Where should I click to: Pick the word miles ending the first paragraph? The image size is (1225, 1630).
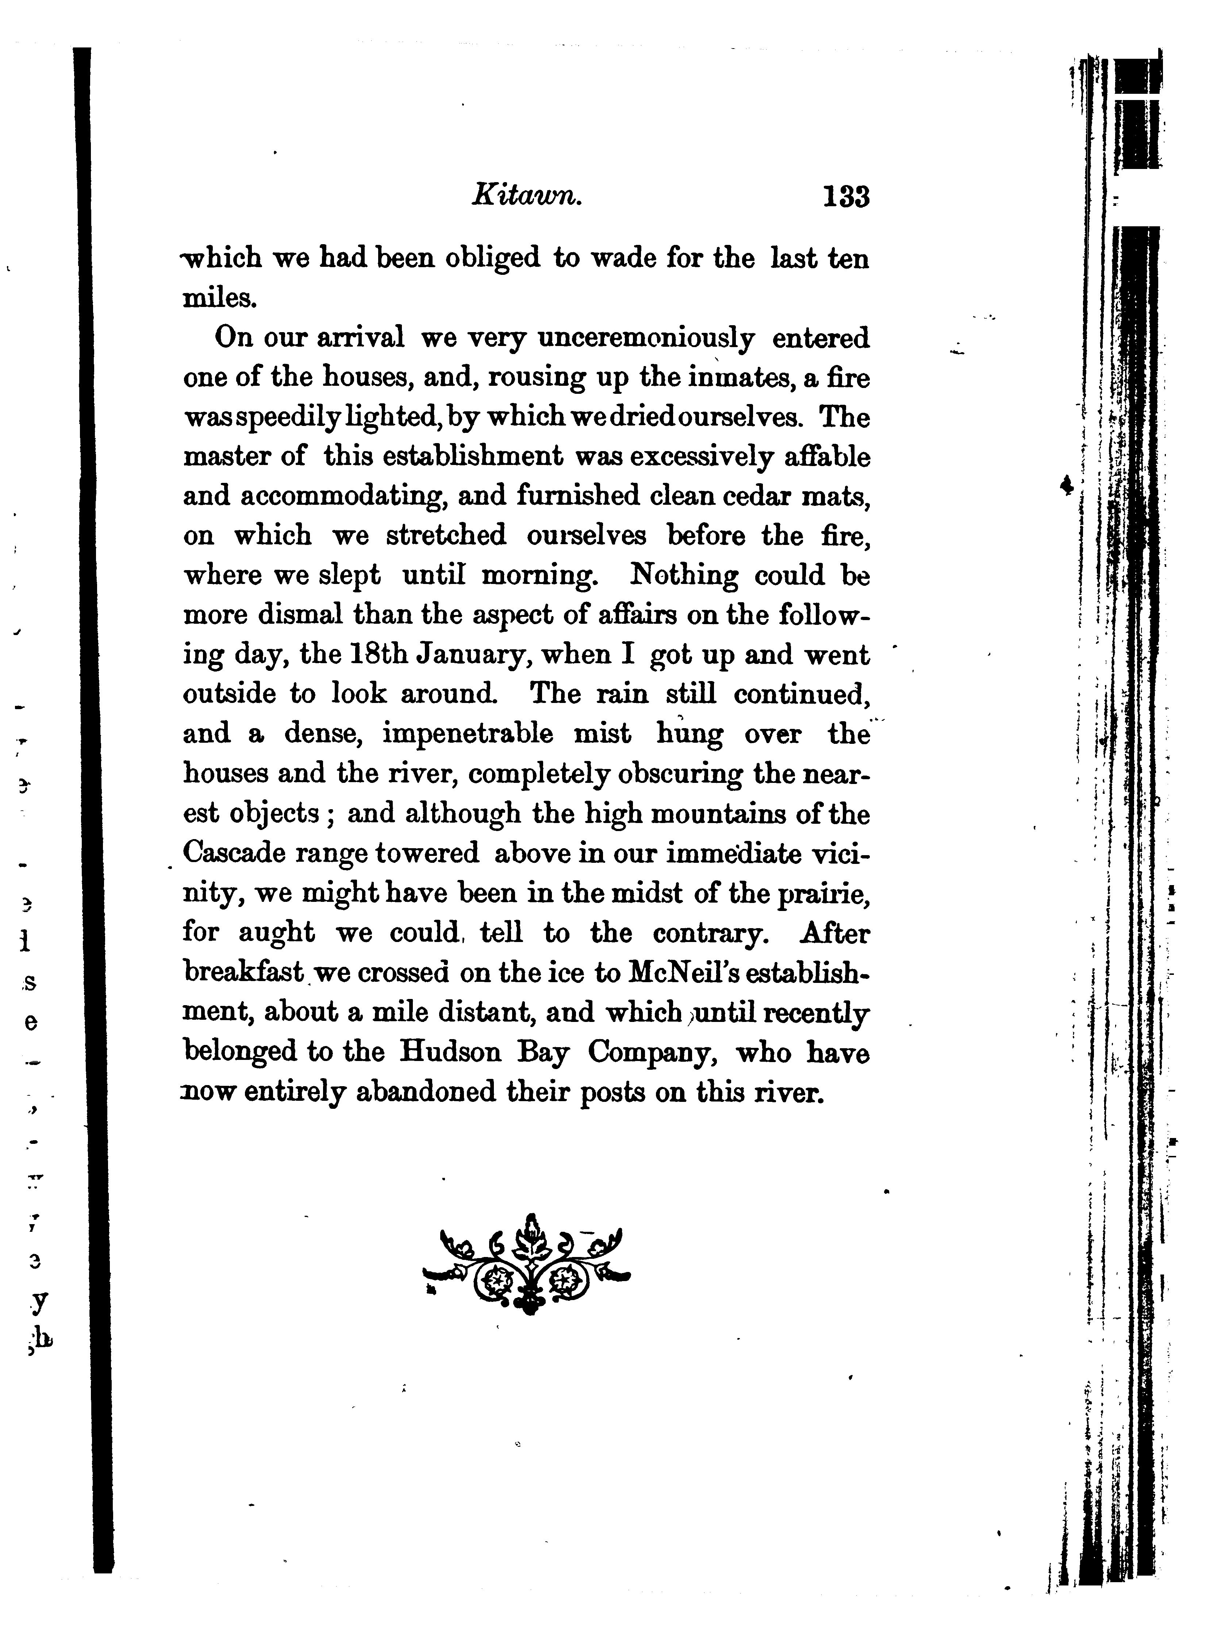pyautogui.click(x=219, y=299)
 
